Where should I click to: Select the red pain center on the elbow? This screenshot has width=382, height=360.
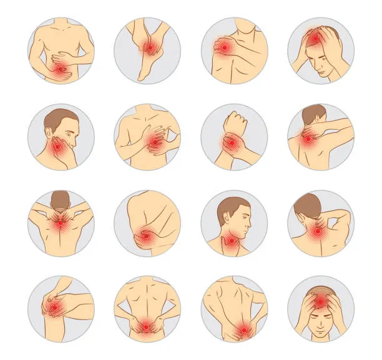[x=145, y=236]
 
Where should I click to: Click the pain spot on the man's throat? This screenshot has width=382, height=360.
[x=232, y=238]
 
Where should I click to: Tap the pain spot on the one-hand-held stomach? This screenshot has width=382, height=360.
[x=60, y=71]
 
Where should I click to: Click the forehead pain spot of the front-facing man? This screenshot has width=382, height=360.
[x=320, y=302]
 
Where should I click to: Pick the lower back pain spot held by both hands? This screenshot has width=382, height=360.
[x=146, y=324]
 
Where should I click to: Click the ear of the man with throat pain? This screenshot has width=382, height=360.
[x=226, y=216]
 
